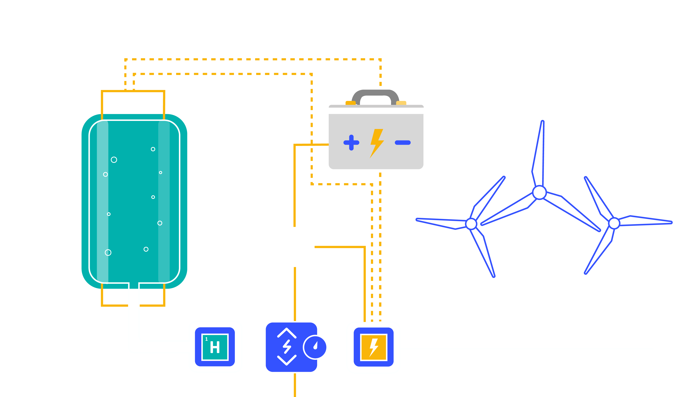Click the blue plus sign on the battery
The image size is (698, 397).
point(351,142)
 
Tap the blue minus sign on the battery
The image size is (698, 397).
point(403,142)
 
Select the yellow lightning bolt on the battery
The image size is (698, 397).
point(377,143)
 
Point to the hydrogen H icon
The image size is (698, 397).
point(215,347)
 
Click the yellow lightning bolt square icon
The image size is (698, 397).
point(374,347)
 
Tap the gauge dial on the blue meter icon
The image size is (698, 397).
point(315,347)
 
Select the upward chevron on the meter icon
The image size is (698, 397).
point(287,333)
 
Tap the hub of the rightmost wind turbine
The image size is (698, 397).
point(614,223)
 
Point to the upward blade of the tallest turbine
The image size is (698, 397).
point(539,153)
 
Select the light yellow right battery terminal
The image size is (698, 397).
point(401,103)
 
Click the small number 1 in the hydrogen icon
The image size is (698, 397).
point(206,339)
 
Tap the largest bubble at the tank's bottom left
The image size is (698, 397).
point(108,252)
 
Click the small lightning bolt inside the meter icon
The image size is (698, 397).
point(287,347)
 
